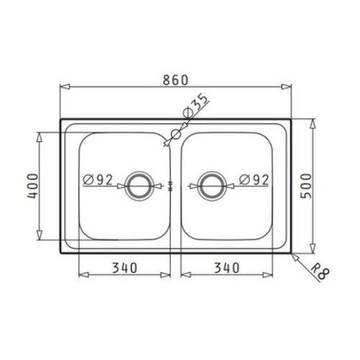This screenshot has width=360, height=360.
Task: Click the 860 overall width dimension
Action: [x=176, y=80]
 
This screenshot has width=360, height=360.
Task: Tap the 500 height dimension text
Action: [x=306, y=186]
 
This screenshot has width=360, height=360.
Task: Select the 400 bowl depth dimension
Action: [x=32, y=186]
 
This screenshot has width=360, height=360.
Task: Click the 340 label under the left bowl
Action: [x=125, y=268]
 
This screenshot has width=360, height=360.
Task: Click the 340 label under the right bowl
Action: [x=227, y=268]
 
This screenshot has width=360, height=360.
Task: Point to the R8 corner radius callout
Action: [x=320, y=271]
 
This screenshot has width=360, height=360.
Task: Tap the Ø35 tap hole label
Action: [x=195, y=106]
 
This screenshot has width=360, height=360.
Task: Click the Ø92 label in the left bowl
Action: [x=98, y=179]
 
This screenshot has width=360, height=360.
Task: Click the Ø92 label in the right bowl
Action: [x=254, y=179]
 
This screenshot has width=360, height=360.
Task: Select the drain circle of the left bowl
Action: [x=139, y=173]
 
